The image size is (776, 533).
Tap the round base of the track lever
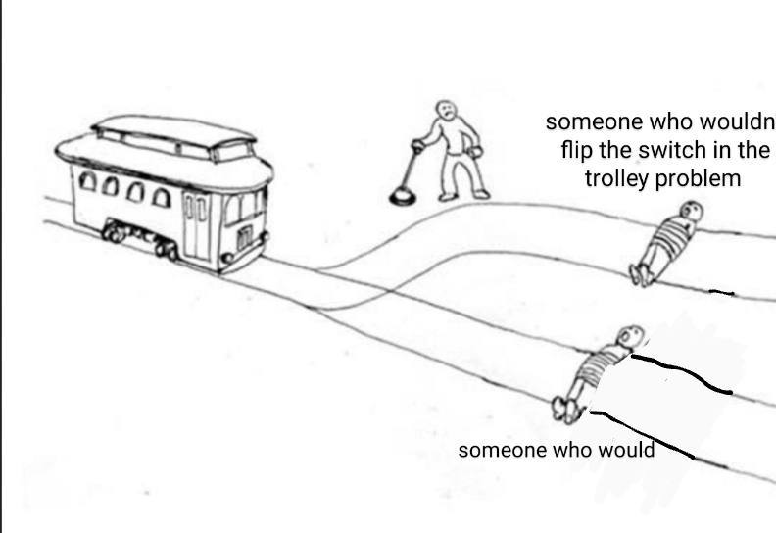pos(403,198)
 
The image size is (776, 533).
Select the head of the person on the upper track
pos(691,212)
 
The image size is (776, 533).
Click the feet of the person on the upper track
pos(640,275)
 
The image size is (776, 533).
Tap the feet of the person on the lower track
pos(565,410)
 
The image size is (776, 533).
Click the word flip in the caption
pos(577,150)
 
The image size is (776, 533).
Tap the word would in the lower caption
pos(626,450)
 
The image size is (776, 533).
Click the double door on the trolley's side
pos(195,225)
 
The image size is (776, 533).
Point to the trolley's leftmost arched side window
pos(87,181)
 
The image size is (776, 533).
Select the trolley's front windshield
pos(244,207)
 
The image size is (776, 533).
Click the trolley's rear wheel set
pos(115,232)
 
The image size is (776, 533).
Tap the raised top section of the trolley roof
pos(172,135)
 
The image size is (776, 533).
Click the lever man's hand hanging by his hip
pos(475,152)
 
